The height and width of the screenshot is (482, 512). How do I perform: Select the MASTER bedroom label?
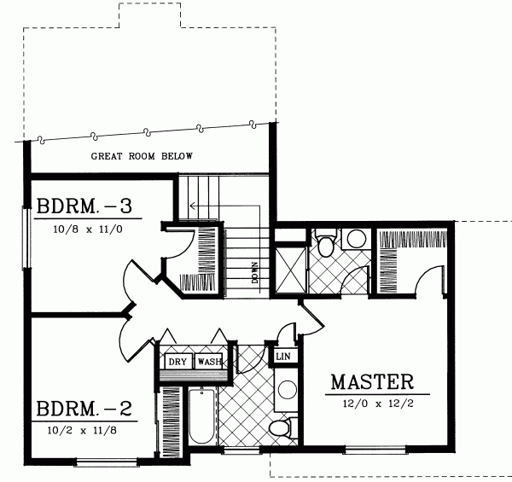(x=372, y=381)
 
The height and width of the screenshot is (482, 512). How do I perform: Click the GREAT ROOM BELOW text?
(x=143, y=156)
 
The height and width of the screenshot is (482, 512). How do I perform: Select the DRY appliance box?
(x=177, y=362)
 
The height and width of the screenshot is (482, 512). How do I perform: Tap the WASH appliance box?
(x=209, y=362)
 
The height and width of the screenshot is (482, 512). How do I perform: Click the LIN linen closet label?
(x=283, y=355)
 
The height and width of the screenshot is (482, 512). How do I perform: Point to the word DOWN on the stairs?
(x=255, y=274)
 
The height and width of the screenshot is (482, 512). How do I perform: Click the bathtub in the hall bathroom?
(x=201, y=415)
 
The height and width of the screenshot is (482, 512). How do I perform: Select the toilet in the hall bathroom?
(x=278, y=428)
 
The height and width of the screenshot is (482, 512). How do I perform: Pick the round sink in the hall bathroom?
(x=288, y=391)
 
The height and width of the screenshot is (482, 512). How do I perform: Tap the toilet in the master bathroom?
(x=324, y=244)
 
